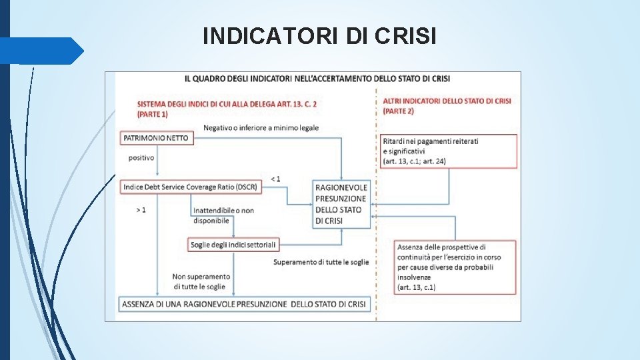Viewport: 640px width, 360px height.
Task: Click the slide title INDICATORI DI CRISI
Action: [319, 35]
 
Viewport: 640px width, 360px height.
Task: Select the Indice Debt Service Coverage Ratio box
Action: [190, 187]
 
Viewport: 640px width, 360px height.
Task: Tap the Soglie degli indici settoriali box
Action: [233, 245]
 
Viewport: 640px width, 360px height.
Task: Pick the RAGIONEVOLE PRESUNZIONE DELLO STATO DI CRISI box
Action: [341, 204]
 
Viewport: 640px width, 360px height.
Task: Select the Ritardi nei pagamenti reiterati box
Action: [449, 151]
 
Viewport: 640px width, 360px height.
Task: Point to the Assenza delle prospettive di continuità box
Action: [455, 267]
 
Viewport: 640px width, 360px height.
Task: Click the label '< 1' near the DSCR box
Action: [275, 178]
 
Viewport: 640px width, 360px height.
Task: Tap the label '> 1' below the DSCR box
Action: [141, 210]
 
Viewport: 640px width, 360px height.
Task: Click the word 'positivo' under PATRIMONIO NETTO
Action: [141, 158]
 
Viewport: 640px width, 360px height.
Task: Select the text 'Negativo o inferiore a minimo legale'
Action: [261, 127]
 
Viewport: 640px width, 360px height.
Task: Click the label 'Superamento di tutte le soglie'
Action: [321, 262]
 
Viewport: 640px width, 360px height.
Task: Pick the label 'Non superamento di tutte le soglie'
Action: [201, 281]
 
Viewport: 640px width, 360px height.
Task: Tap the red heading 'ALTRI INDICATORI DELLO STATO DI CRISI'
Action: [447, 101]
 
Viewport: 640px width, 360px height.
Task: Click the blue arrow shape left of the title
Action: [42, 51]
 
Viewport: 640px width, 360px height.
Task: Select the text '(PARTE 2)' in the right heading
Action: [399, 111]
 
